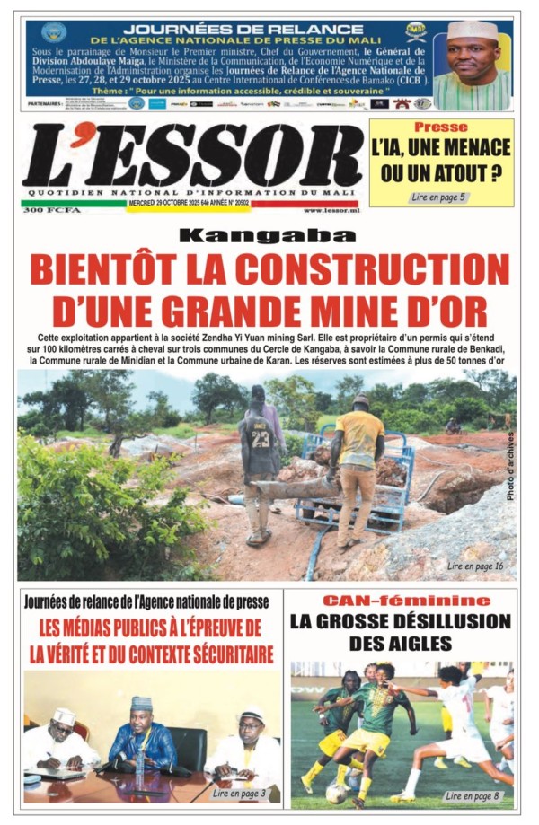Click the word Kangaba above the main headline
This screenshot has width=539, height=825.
pyautogui.click(x=267, y=237)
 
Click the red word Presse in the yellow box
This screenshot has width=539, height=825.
pyautogui.click(x=441, y=127)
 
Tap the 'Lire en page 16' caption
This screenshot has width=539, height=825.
pyautogui.click(x=475, y=566)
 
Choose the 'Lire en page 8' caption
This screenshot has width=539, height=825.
pyautogui.click(x=473, y=795)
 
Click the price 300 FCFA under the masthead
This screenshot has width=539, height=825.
pyautogui.click(x=42, y=210)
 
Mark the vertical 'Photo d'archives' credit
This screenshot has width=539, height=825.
pyautogui.click(x=510, y=466)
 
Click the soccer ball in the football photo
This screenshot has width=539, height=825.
pyautogui.click(x=334, y=792)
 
